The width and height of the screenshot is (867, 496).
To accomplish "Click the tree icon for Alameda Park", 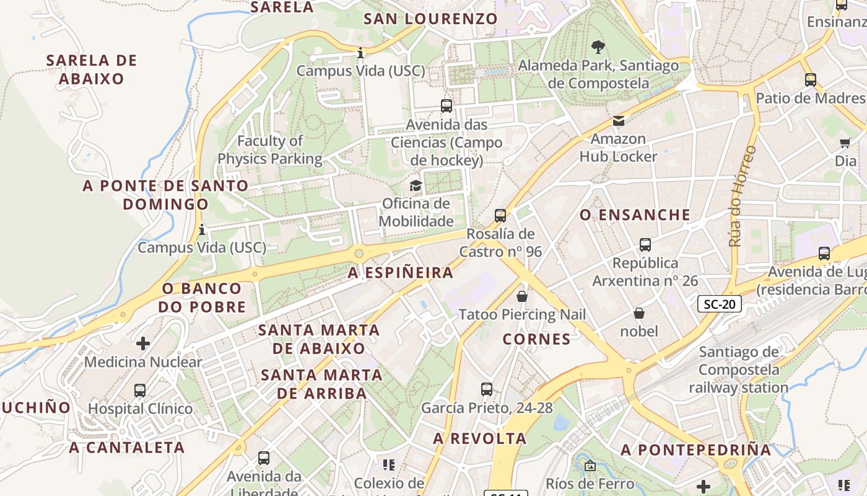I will click(598, 46).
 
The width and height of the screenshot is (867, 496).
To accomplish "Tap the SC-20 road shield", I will click(719, 304).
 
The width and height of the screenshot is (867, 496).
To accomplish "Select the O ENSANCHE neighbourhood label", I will click(635, 215).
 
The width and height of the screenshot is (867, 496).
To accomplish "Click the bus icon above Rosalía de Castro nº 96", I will click(500, 216).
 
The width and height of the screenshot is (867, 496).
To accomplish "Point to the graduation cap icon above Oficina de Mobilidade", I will click(416, 185).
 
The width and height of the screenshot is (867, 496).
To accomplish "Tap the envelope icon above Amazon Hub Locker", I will click(618, 121).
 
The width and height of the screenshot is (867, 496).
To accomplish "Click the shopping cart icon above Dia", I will click(845, 143).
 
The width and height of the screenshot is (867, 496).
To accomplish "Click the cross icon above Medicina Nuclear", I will click(143, 343).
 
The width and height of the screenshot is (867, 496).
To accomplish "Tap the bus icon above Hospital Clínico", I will click(140, 391).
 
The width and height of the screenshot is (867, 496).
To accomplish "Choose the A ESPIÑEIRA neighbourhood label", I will click(401, 273).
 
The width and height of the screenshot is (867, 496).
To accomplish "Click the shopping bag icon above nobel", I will click(638, 313).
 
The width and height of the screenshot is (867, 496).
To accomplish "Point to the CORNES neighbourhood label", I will click(536, 339).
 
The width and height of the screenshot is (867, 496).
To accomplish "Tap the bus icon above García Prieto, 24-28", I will click(487, 389).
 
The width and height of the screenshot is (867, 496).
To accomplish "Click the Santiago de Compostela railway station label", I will click(739, 370).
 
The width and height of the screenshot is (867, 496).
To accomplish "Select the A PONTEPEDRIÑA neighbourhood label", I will click(696, 450).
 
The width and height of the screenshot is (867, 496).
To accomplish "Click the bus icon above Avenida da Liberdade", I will click(264, 458).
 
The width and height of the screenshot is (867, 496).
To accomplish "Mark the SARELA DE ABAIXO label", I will click(92, 69).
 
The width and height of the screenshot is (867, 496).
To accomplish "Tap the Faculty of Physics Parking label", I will click(270, 150).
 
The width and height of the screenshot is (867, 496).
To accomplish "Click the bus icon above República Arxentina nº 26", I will click(645, 245).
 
